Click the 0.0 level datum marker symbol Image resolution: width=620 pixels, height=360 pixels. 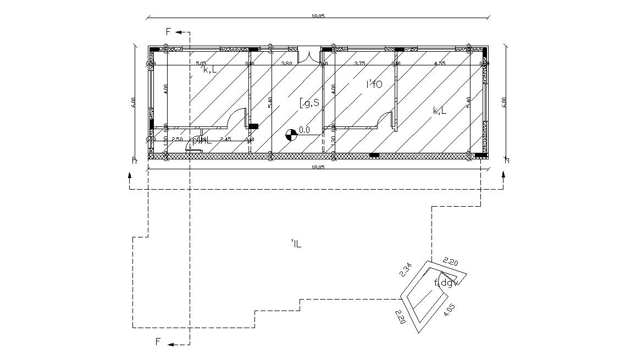[x=291, y=134]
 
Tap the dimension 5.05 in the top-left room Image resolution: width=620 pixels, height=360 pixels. [x=200, y=64]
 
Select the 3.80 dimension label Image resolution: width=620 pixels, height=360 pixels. [x=286, y=64]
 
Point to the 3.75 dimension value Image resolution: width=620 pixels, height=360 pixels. [x=359, y=64]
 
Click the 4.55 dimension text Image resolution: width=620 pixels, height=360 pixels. [x=439, y=64]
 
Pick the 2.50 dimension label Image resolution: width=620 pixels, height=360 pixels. [x=177, y=140]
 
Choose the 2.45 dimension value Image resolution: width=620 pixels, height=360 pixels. [x=225, y=140]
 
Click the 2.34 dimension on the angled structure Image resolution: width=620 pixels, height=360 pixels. [x=405, y=270]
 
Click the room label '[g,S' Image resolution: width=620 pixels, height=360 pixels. [x=309, y=102]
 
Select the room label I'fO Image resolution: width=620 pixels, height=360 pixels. [x=374, y=84]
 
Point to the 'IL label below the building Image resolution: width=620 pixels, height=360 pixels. [x=296, y=243]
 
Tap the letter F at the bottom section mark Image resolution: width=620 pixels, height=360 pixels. [x=158, y=342]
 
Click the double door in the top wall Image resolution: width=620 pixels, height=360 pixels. [x=309, y=56]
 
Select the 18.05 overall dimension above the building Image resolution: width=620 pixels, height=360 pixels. [x=318, y=16]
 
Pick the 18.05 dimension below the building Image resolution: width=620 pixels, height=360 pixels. [x=318, y=167]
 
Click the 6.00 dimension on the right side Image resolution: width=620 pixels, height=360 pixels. [x=504, y=103]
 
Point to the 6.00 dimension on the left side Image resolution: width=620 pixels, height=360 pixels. [x=133, y=103]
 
